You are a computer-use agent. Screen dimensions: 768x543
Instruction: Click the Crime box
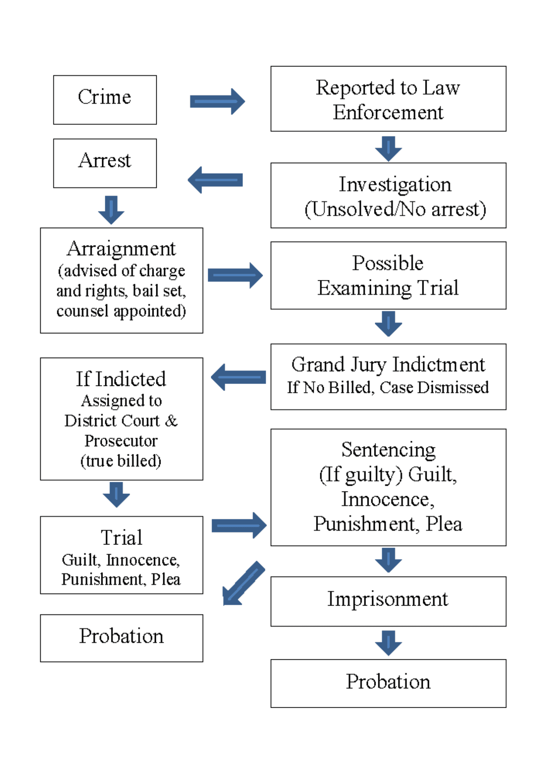pos(105,99)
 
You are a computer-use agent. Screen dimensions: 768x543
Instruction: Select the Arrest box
pos(105,163)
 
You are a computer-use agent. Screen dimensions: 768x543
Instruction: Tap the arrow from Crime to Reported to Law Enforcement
pos(217,101)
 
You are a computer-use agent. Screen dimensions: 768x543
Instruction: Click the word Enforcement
pos(388,113)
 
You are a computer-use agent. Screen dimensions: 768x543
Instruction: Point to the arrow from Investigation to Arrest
pos(215,180)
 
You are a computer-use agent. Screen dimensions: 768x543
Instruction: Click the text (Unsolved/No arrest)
pos(395,209)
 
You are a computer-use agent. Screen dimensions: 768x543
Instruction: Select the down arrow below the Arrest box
pos(111,210)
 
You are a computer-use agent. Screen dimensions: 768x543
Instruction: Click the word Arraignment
pos(121,249)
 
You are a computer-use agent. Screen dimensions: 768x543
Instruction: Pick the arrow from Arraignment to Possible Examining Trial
pos(235,275)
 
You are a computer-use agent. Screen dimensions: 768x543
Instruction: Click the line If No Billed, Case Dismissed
pos(388,387)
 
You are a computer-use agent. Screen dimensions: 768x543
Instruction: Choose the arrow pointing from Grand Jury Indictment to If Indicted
pos(238,377)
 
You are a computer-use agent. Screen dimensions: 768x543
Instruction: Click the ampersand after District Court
pos(171,421)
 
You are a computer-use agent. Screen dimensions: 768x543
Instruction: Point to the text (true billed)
pos(121,461)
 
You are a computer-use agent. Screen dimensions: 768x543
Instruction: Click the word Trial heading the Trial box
pos(121,537)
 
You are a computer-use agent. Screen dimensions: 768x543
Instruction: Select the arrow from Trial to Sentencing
pos(238,525)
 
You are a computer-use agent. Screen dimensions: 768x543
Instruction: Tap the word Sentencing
pos(388,450)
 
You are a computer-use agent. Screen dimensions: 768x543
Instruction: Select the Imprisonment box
pos(388,601)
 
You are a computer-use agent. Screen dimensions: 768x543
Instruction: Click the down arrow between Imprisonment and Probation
pos(388,642)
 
